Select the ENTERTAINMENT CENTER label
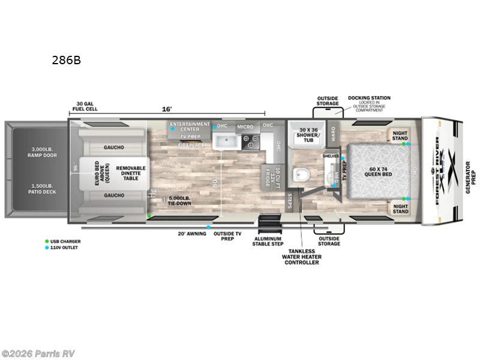pyautogui.click(x=190, y=127)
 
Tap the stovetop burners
pyautogui.click(x=250, y=142)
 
